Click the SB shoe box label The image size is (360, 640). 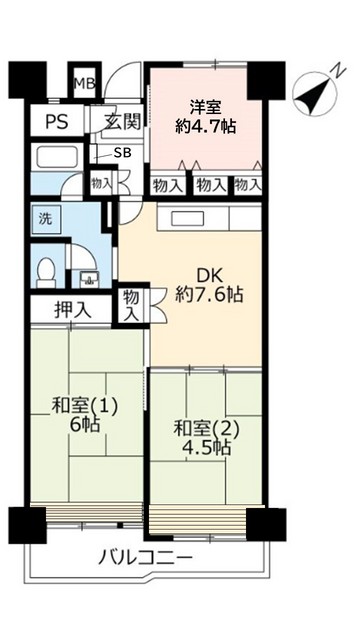coord(122,152)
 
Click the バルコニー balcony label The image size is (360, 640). coord(145,556)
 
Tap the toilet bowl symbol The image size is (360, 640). coord(46,271)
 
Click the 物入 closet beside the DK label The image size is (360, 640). coord(131,304)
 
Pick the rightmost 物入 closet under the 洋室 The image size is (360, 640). coord(246,184)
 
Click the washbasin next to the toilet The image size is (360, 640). coord(84,277)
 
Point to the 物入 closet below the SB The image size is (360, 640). coord(101,184)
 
